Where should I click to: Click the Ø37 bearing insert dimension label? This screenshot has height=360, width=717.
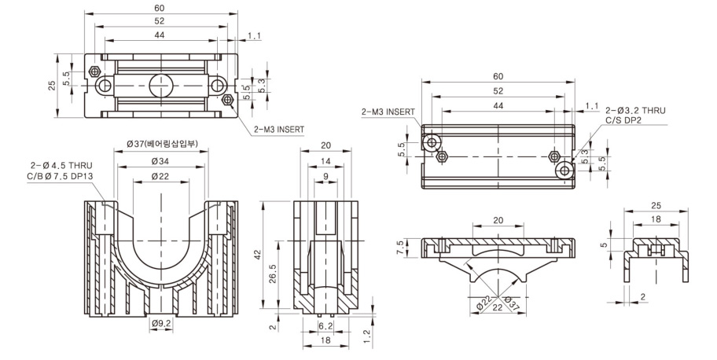tap(162, 144)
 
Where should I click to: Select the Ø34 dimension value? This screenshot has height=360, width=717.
tap(162, 161)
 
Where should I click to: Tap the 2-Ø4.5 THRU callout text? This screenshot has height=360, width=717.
tap(61, 165)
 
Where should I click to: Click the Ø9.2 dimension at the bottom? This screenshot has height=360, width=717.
tap(161, 322)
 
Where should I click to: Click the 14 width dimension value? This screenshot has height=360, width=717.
tap(325, 161)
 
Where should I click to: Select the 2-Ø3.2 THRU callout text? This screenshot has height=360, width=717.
tap(635, 111)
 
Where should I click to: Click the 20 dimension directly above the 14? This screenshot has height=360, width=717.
tap(325, 145)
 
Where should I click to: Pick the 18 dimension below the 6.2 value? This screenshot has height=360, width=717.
tap(325, 342)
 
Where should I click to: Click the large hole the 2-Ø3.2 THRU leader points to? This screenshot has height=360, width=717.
tap(563, 170)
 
